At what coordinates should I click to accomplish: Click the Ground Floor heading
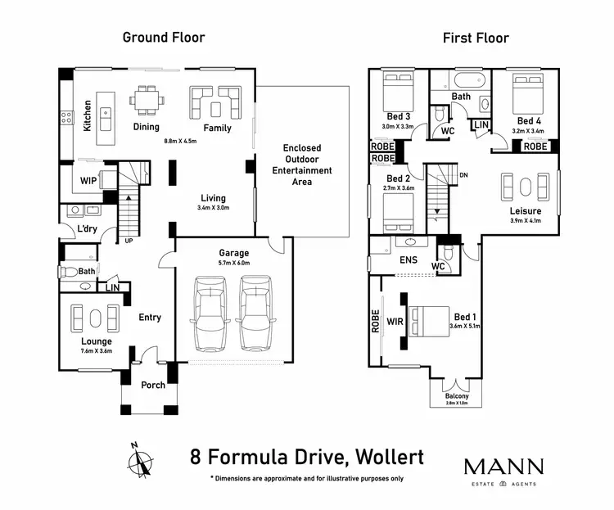(164, 37)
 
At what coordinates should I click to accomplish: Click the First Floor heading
(476, 38)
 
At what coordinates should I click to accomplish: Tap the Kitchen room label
(88, 116)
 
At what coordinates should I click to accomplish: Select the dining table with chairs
(148, 102)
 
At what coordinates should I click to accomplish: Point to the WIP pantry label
(88, 181)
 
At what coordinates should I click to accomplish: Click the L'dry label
(88, 229)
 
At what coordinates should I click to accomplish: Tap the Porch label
(153, 385)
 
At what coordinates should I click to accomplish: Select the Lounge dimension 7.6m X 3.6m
(96, 351)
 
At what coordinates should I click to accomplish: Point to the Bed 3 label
(399, 116)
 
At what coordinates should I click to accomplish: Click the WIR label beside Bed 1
(396, 323)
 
